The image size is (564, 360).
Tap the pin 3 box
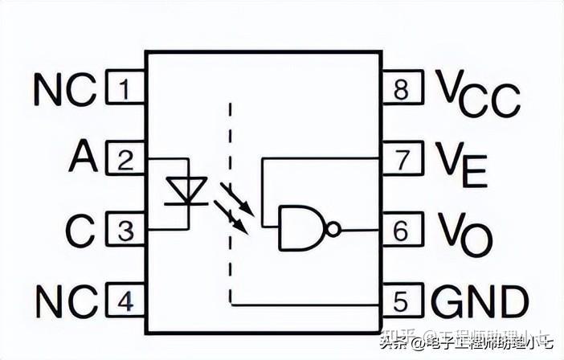pos(124,231)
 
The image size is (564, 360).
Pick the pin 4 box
pos(124,301)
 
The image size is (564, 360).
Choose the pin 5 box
pos(400,302)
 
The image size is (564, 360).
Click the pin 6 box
pos(400,231)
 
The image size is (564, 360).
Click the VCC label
pos(477,92)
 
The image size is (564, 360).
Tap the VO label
pos(464,233)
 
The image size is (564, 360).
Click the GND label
pos(480,302)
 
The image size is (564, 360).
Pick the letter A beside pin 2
pos(83,157)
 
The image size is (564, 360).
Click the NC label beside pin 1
pos(64,89)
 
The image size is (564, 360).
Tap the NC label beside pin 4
pos(64,301)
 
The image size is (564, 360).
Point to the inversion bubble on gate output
pos(333,229)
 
